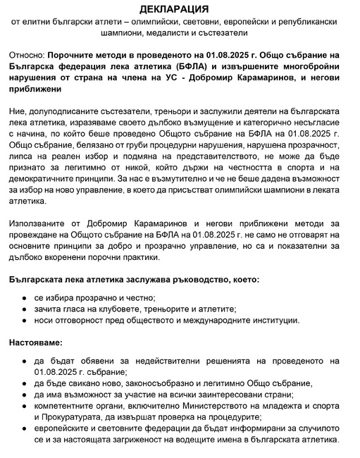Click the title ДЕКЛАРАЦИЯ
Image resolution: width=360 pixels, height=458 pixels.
(180, 9)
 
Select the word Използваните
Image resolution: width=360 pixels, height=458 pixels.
(40, 223)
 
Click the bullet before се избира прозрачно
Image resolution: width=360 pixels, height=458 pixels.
(25, 297)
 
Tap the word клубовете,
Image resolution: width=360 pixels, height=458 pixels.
(107, 309)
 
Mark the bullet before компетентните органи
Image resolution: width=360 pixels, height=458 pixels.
(25, 408)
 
